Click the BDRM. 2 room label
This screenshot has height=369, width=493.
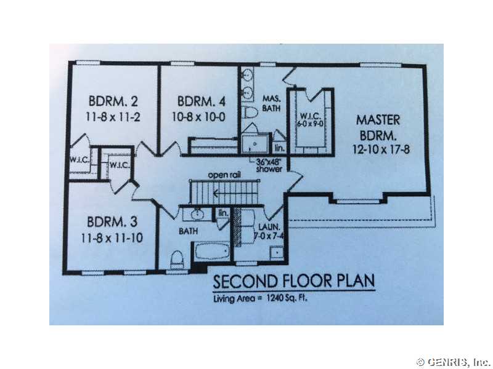[113, 101]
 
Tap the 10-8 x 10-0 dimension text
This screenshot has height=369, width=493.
[198, 117]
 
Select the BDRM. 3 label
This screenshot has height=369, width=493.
[112, 222]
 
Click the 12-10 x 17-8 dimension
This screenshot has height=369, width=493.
[381, 149]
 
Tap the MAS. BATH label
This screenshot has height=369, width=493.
[272, 103]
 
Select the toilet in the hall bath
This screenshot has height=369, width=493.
[177, 260]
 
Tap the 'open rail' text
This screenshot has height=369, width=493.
[224, 175]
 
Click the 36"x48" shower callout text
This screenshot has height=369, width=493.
[269, 165]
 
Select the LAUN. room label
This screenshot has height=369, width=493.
[269, 227]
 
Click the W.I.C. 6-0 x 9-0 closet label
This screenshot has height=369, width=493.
[311, 120]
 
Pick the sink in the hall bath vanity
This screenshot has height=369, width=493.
[197, 215]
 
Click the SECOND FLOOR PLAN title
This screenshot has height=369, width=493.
[294, 281]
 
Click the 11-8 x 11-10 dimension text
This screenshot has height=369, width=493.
[112, 238]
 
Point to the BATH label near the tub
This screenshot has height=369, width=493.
[188, 231]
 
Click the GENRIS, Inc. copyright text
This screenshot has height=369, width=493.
[454, 362]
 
